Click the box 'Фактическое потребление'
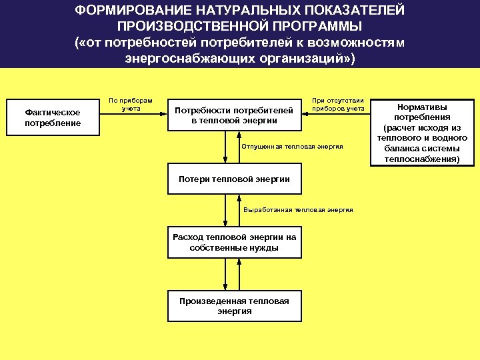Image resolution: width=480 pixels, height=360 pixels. tap(53, 118)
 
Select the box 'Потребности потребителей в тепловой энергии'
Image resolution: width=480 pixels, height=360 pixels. tap(233, 115)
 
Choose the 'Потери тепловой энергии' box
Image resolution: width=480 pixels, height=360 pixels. tap(234, 179)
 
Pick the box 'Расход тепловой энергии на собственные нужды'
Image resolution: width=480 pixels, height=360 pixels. tap(234, 243)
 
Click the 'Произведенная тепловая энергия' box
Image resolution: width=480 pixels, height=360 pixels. tap(234, 306)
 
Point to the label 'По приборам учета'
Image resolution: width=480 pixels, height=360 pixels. tap(130, 104)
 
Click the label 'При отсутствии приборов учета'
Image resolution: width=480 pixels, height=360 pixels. tap(337, 104)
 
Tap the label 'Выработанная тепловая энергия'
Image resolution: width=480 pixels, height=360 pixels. tap(298, 209)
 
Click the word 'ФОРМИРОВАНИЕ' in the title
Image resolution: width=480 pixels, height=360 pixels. tap(127, 11)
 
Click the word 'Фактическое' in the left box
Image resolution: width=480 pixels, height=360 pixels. tap(53, 113)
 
